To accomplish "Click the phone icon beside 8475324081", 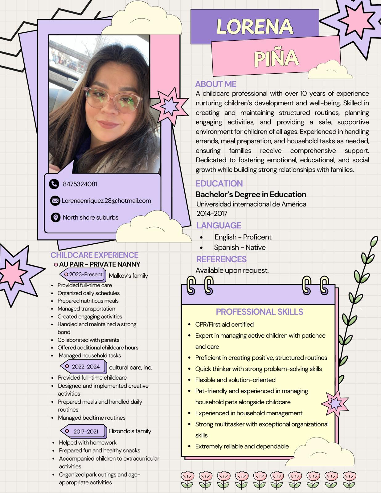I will tap(54, 184).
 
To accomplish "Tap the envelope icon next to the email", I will tap(55, 201).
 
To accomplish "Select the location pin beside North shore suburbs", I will tap(55, 218).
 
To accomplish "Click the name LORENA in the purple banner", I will tap(255, 26).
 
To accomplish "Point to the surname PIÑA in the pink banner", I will tap(276, 58).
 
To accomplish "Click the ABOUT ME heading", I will tap(216, 84).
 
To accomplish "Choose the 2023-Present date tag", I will tap(83, 275).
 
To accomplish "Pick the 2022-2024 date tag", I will tap(84, 367).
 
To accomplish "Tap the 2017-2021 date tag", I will tap(84, 431).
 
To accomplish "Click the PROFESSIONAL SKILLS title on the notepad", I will tap(260, 312).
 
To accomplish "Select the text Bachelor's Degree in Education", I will tap(251, 194).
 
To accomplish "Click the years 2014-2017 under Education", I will tap(212, 213).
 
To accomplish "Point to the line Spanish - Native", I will tap(240, 247).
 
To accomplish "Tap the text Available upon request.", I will tap(232, 270).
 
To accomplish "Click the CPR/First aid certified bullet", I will tap(224, 324).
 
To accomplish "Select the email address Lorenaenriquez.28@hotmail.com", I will tap(106, 201).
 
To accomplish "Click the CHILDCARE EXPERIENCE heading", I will tap(94, 255).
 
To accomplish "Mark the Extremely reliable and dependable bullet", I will tap(242, 446).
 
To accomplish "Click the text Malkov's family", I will tap(128, 276).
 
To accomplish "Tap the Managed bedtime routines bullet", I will tap(92, 418).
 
